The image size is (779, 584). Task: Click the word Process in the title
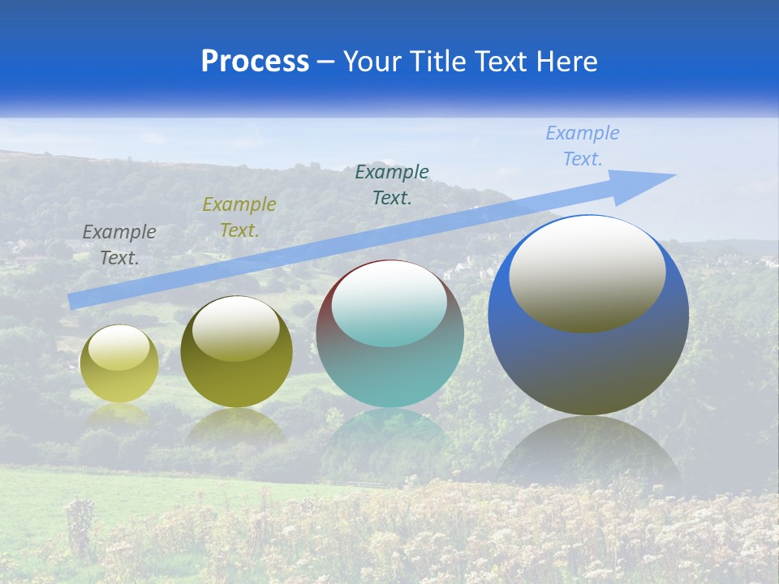255,62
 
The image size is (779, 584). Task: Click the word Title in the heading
438,62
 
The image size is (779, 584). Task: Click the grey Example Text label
119,245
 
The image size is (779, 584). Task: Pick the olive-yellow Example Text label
239,217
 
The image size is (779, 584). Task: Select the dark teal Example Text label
392,184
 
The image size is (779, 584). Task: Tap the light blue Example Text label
582,146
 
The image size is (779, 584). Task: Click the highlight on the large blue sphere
587,273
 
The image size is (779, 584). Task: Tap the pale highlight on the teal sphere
389,303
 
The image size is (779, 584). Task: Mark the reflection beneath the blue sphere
588,454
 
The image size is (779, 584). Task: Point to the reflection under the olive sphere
236,426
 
